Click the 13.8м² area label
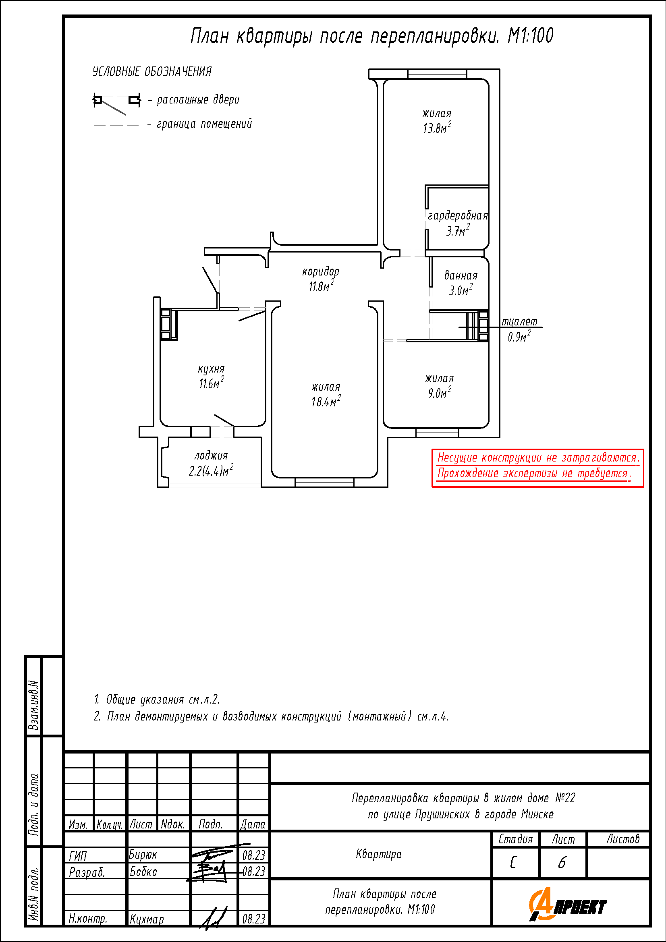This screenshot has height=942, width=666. click(437, 128)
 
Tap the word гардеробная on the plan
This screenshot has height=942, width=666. click(458, 215)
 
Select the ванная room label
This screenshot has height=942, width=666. click(461, 275)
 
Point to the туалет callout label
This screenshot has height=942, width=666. click(519, 321)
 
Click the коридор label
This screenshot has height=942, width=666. click(321, 271)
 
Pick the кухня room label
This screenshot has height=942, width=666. click(212, 369)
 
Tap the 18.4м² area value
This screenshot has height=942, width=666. click(326, 401)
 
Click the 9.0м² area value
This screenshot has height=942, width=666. click(440, 392)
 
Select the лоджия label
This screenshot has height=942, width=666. click(211, 455)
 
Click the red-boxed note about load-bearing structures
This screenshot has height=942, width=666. click(537, 468)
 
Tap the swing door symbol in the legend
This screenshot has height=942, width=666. click(117, 103)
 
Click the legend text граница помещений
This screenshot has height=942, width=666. click(204, 124)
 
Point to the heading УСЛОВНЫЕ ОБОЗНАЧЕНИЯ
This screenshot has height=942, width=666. click(152, 72)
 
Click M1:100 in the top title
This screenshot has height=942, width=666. click(530, 36)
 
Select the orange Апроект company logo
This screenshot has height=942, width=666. click(568, 904)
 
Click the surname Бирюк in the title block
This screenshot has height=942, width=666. click(143, 854)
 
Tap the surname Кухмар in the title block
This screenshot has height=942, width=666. click(147, 919)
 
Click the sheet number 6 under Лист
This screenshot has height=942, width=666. click(562, 862)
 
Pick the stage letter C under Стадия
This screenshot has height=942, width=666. click(513, 863)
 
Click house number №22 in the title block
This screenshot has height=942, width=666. click(565, 797)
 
